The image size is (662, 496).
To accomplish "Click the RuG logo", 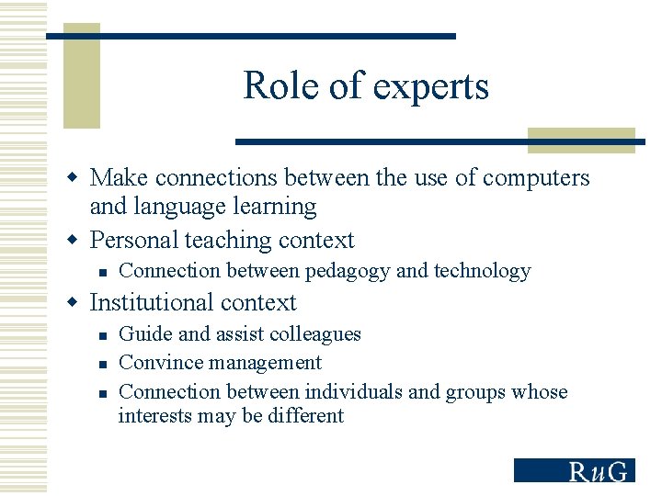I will point(574,470).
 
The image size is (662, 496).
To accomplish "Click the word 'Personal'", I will point(134,241).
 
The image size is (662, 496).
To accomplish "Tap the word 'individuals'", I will point(353,392).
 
